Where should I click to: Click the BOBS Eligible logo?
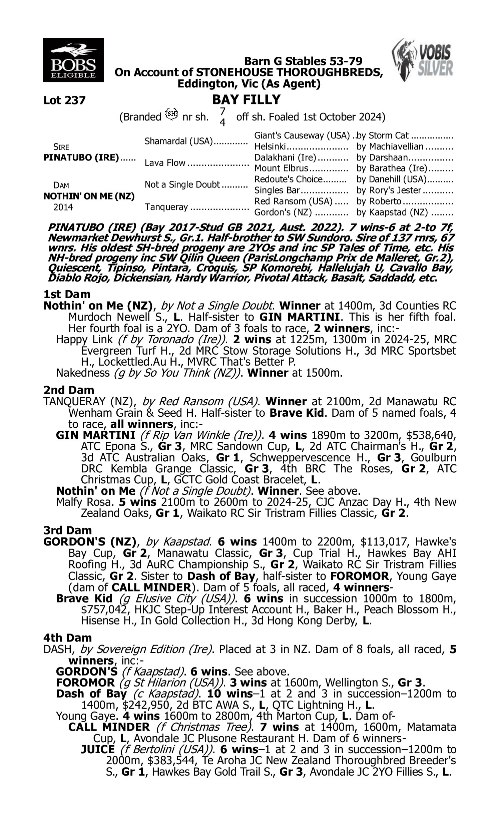(73, 60)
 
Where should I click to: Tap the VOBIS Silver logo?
(423, 60)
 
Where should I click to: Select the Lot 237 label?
(64, 100)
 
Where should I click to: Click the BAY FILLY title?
(246, 100)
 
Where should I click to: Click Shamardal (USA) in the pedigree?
(179, 141)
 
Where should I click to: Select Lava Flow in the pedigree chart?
(165, 163)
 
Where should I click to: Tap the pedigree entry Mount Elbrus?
(281, 168)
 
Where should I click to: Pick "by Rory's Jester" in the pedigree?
(389, 190)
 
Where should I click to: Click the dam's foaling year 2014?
(63, 207)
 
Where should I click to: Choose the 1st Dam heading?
(67, 294)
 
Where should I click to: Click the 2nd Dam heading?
(68, 390)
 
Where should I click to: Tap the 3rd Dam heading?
(67, 530)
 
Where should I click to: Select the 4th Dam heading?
(67, 638)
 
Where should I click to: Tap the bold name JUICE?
(98, 750)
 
